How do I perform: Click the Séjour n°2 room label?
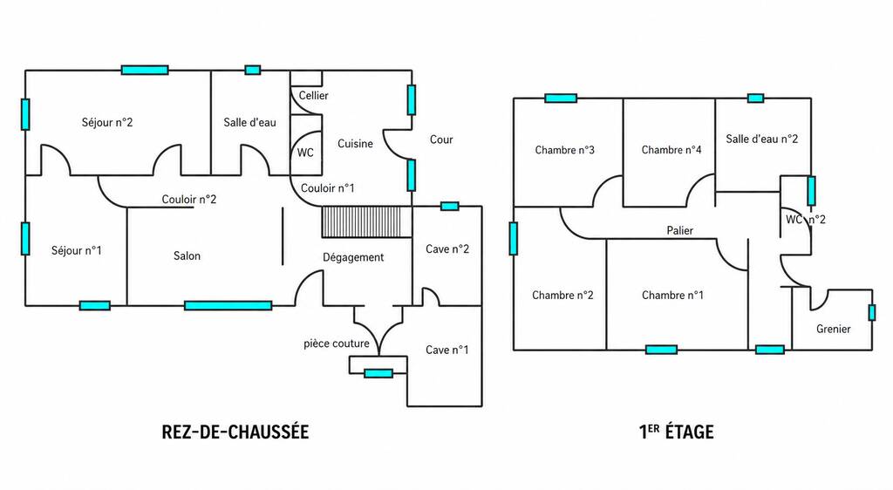click(x=107, y=122)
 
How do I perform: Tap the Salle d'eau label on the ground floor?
click(x=249, y=122)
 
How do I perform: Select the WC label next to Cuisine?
click(x=305, y=153)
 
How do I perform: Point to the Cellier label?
click(x=313, y=96)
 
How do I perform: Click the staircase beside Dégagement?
click(x=367, y=221)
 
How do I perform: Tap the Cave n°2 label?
click(x=447, y=248)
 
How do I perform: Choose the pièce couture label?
click(x=336, y=344)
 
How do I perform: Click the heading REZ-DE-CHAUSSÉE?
click(x=235, y=432)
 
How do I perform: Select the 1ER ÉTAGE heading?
click(x=676, y=432)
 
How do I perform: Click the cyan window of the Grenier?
click(x=871, y=312)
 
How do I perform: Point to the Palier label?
click(x=680, y=230)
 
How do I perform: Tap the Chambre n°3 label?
click(x=564, y=150)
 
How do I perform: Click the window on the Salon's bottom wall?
click(x=228, y=306)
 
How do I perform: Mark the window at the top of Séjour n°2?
click(x=145, y=70)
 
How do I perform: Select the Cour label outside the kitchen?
click(x=441, y=140)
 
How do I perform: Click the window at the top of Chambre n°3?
click(x=561, y=98)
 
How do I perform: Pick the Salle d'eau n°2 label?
click(x=762, y=139)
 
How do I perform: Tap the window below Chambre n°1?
click(x=661, y=350)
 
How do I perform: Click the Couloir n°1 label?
click(x=328, y=187)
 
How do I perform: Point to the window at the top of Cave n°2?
click(x=449, y=206)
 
